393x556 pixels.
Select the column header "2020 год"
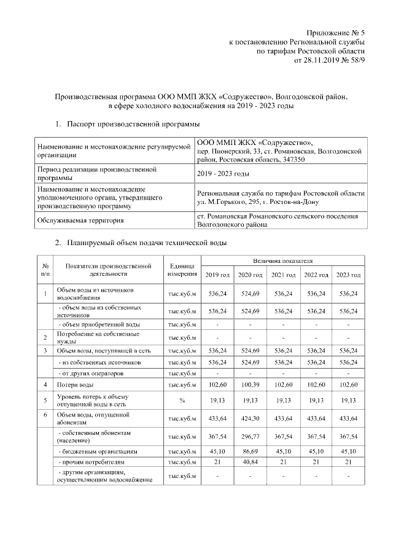pos(251,274)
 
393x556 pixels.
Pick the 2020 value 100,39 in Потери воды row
pos(251,385)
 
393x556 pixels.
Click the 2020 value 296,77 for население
pos(251,437)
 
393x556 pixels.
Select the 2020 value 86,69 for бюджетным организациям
pos(251,451)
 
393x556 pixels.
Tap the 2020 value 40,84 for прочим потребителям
pos(251,461)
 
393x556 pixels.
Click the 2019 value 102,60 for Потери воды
pos(217,385)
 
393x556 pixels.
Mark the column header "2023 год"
pos(348,274)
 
